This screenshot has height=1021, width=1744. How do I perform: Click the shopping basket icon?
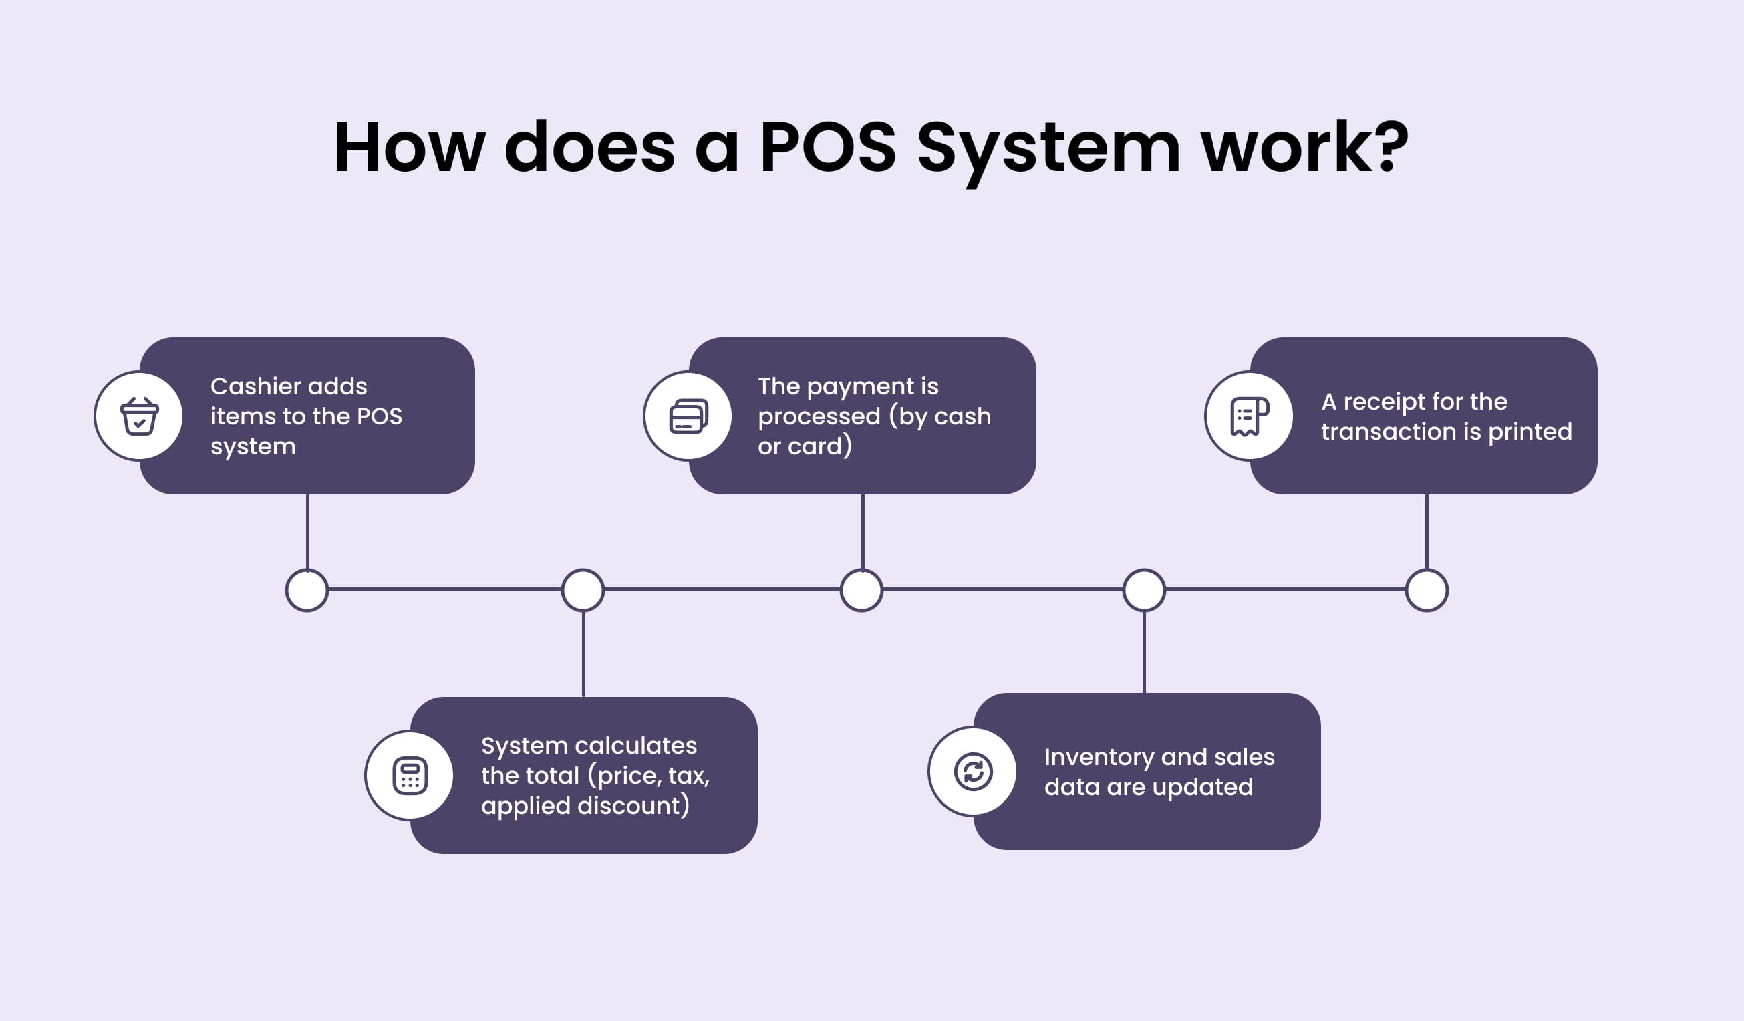click(x=139, y=416)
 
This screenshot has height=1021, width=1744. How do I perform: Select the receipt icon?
click(x=1249, y=416)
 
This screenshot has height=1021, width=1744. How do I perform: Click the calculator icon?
click(x=410, y=775)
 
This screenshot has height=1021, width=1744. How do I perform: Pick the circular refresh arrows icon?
click(x=973, y=771)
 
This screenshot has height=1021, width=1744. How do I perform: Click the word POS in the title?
click(x=828, y=148)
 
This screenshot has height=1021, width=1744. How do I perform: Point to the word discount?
click(x=629, y=806)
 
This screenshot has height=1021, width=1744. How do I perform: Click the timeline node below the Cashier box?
click(x=307, y=590)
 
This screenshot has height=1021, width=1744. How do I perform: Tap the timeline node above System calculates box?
click(x=583, y=590)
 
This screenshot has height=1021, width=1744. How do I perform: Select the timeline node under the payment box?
click(x=861, y=590)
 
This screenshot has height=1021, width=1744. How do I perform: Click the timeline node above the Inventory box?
click(x=1143, y=590)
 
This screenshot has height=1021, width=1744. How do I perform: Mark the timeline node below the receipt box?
click(x=1427, y=590)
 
